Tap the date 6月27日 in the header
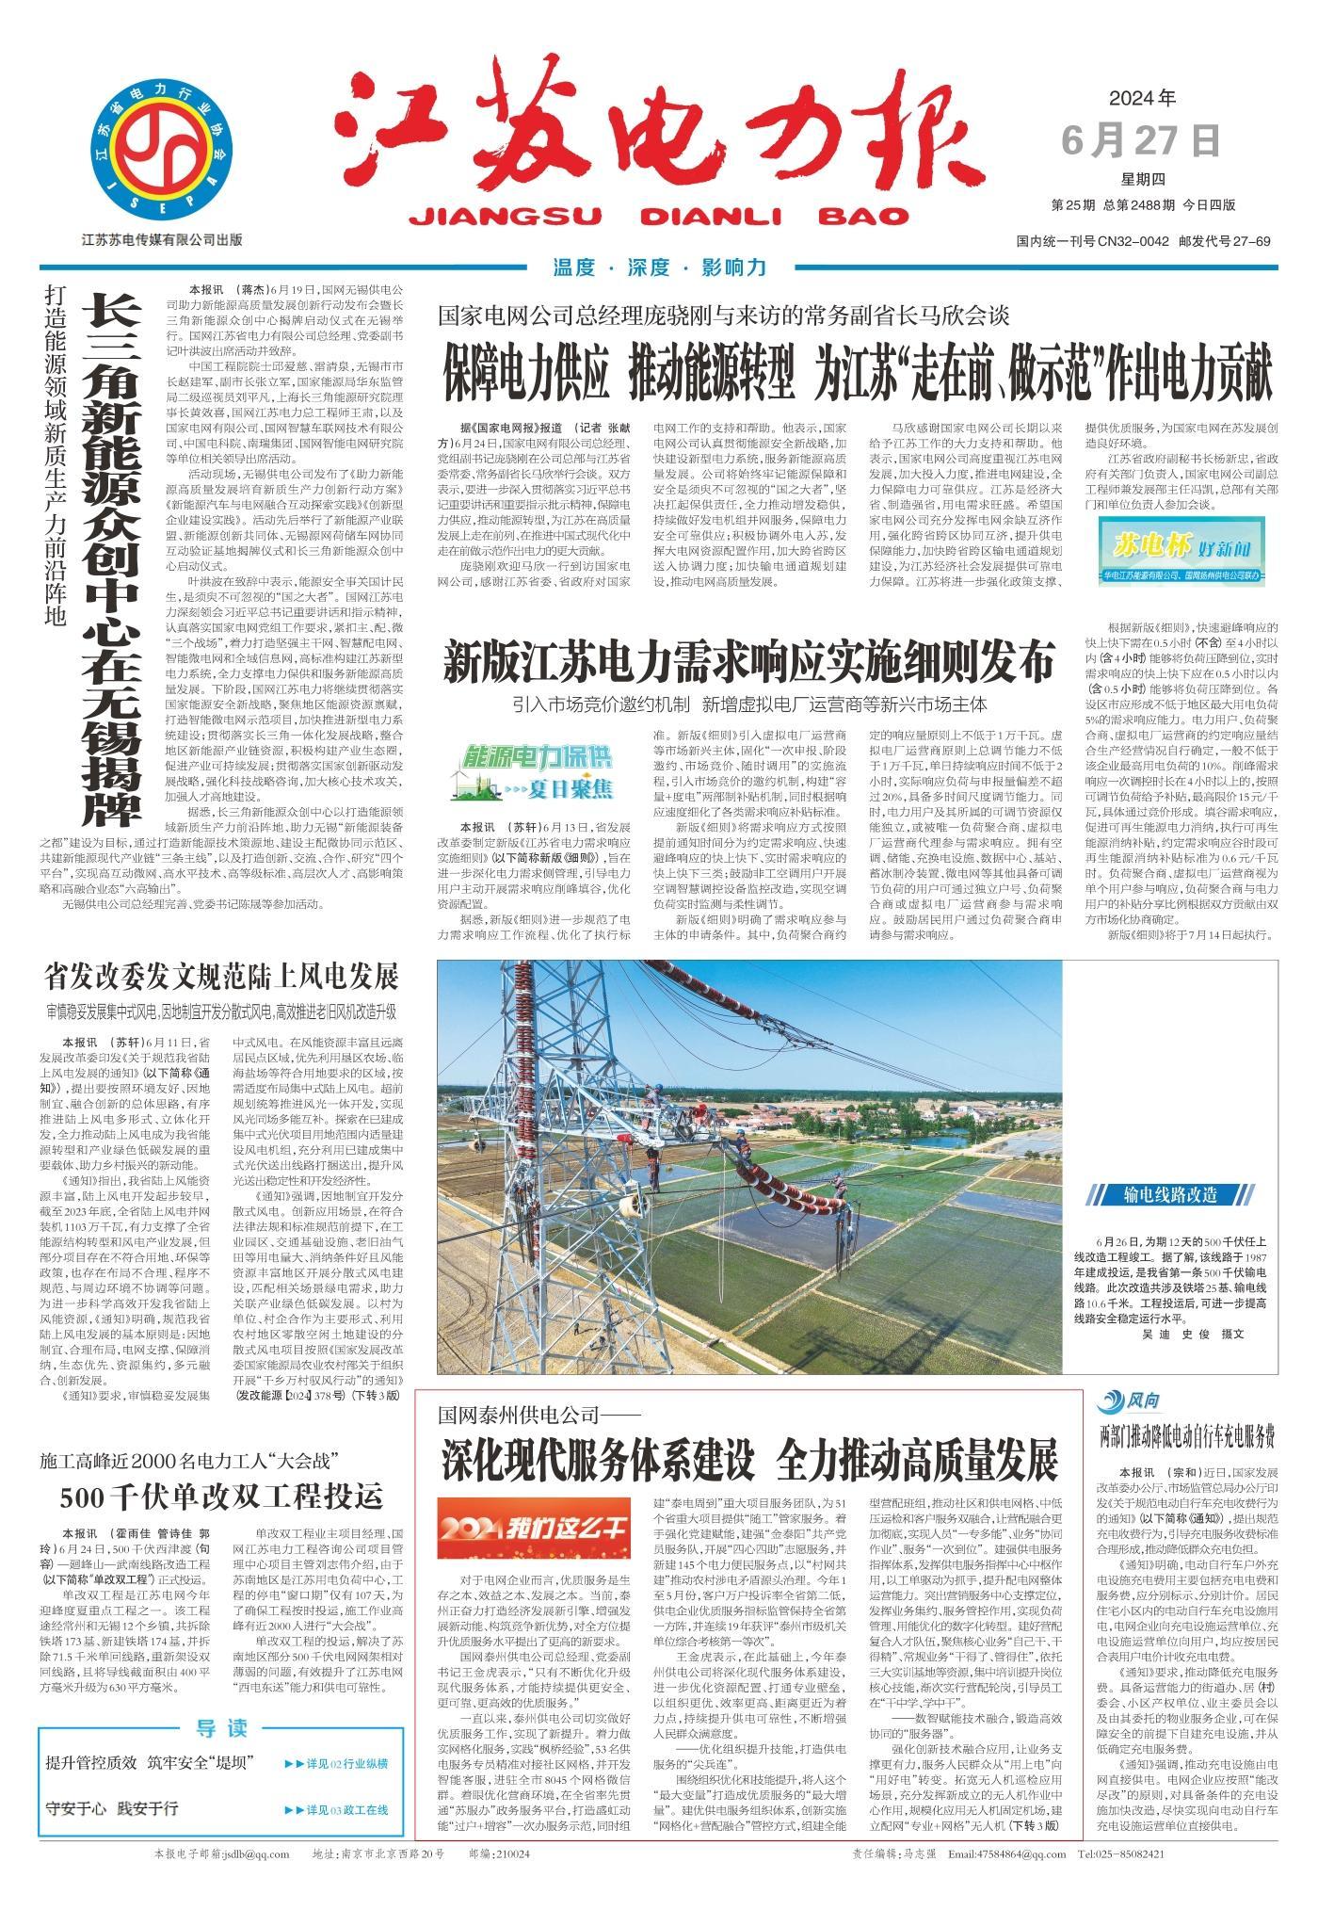point(1141,140)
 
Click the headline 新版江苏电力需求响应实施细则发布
point(749,663)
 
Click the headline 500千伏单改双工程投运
point(222,1495)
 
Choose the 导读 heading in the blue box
point(222,1701)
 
